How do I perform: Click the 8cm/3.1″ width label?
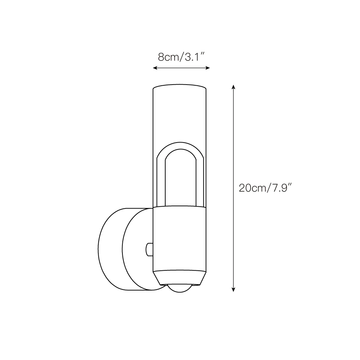(x=181, y=57)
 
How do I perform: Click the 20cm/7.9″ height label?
(x=265, y=188)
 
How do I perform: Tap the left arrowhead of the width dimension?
(x=155, y=68)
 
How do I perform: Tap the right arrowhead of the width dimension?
(x=208, y=68)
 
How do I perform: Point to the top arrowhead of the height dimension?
(x=233, y=87)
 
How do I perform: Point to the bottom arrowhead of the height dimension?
(x=233, y=289)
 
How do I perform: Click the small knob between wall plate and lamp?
(x=149, y=249)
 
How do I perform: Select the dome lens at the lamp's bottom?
(x=180, y=289)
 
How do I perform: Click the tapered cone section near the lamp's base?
(x=180, y=278)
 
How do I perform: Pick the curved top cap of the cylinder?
(x=180, y=86)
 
